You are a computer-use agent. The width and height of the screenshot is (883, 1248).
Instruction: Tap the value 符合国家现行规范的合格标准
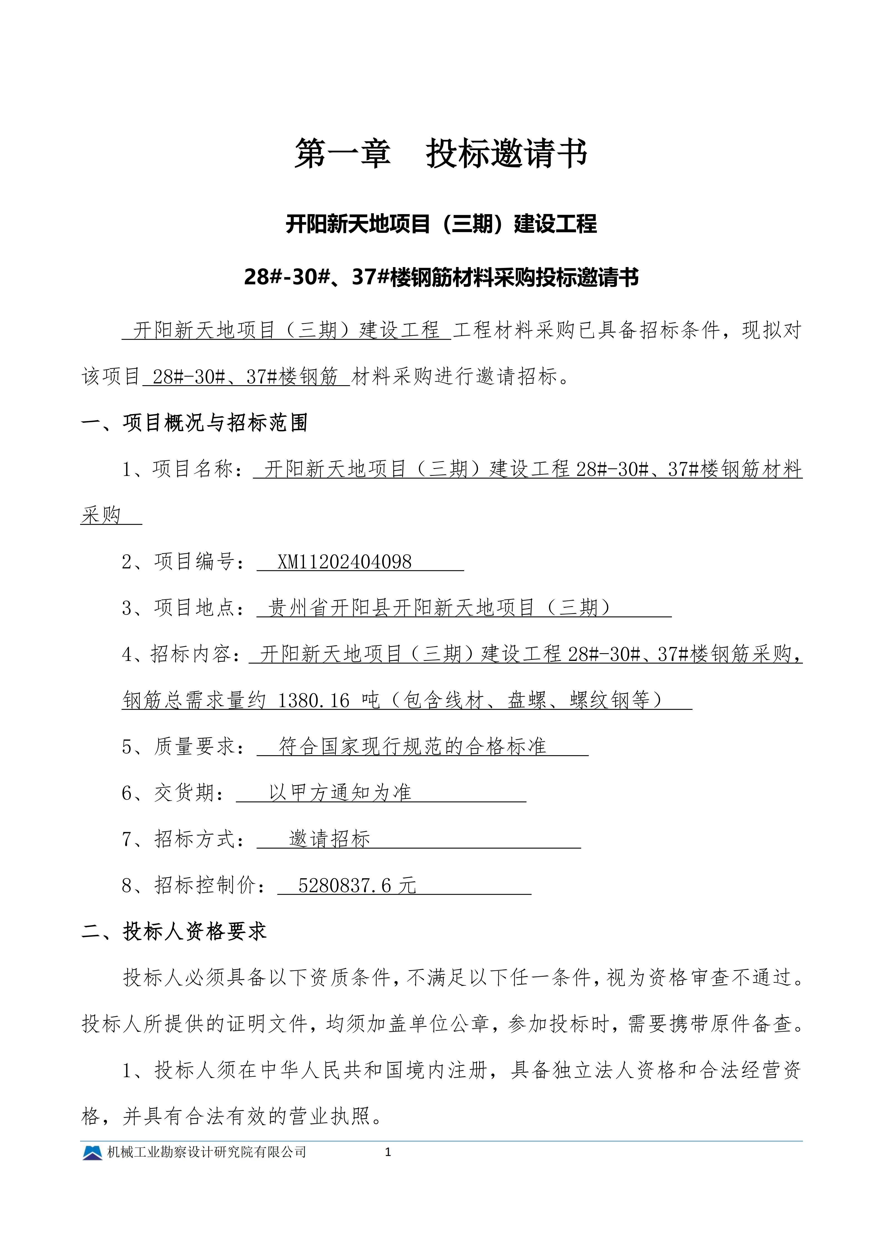[x=412, y=747]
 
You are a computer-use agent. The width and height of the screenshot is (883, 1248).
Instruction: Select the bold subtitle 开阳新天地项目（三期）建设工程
[x=441, y=224]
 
